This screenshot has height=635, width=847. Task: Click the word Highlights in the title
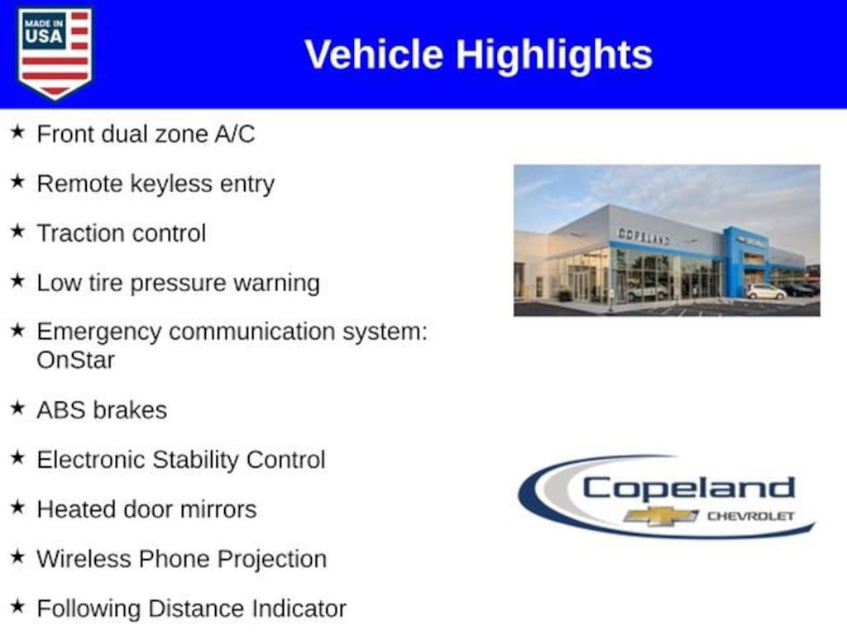[554, 55]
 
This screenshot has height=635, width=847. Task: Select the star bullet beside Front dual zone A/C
[18, 131]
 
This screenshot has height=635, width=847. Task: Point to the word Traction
[80, 233]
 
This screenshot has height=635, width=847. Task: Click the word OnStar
[75, 360]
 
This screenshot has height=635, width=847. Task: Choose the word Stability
[195, 460]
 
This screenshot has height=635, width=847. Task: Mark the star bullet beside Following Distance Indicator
[18, 606]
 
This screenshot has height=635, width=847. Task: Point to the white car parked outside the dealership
[766, 292]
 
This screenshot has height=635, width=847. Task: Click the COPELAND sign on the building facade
[644, 236]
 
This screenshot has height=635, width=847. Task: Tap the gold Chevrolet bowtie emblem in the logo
[661, 516]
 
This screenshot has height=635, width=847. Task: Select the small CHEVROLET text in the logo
[751, 516]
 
